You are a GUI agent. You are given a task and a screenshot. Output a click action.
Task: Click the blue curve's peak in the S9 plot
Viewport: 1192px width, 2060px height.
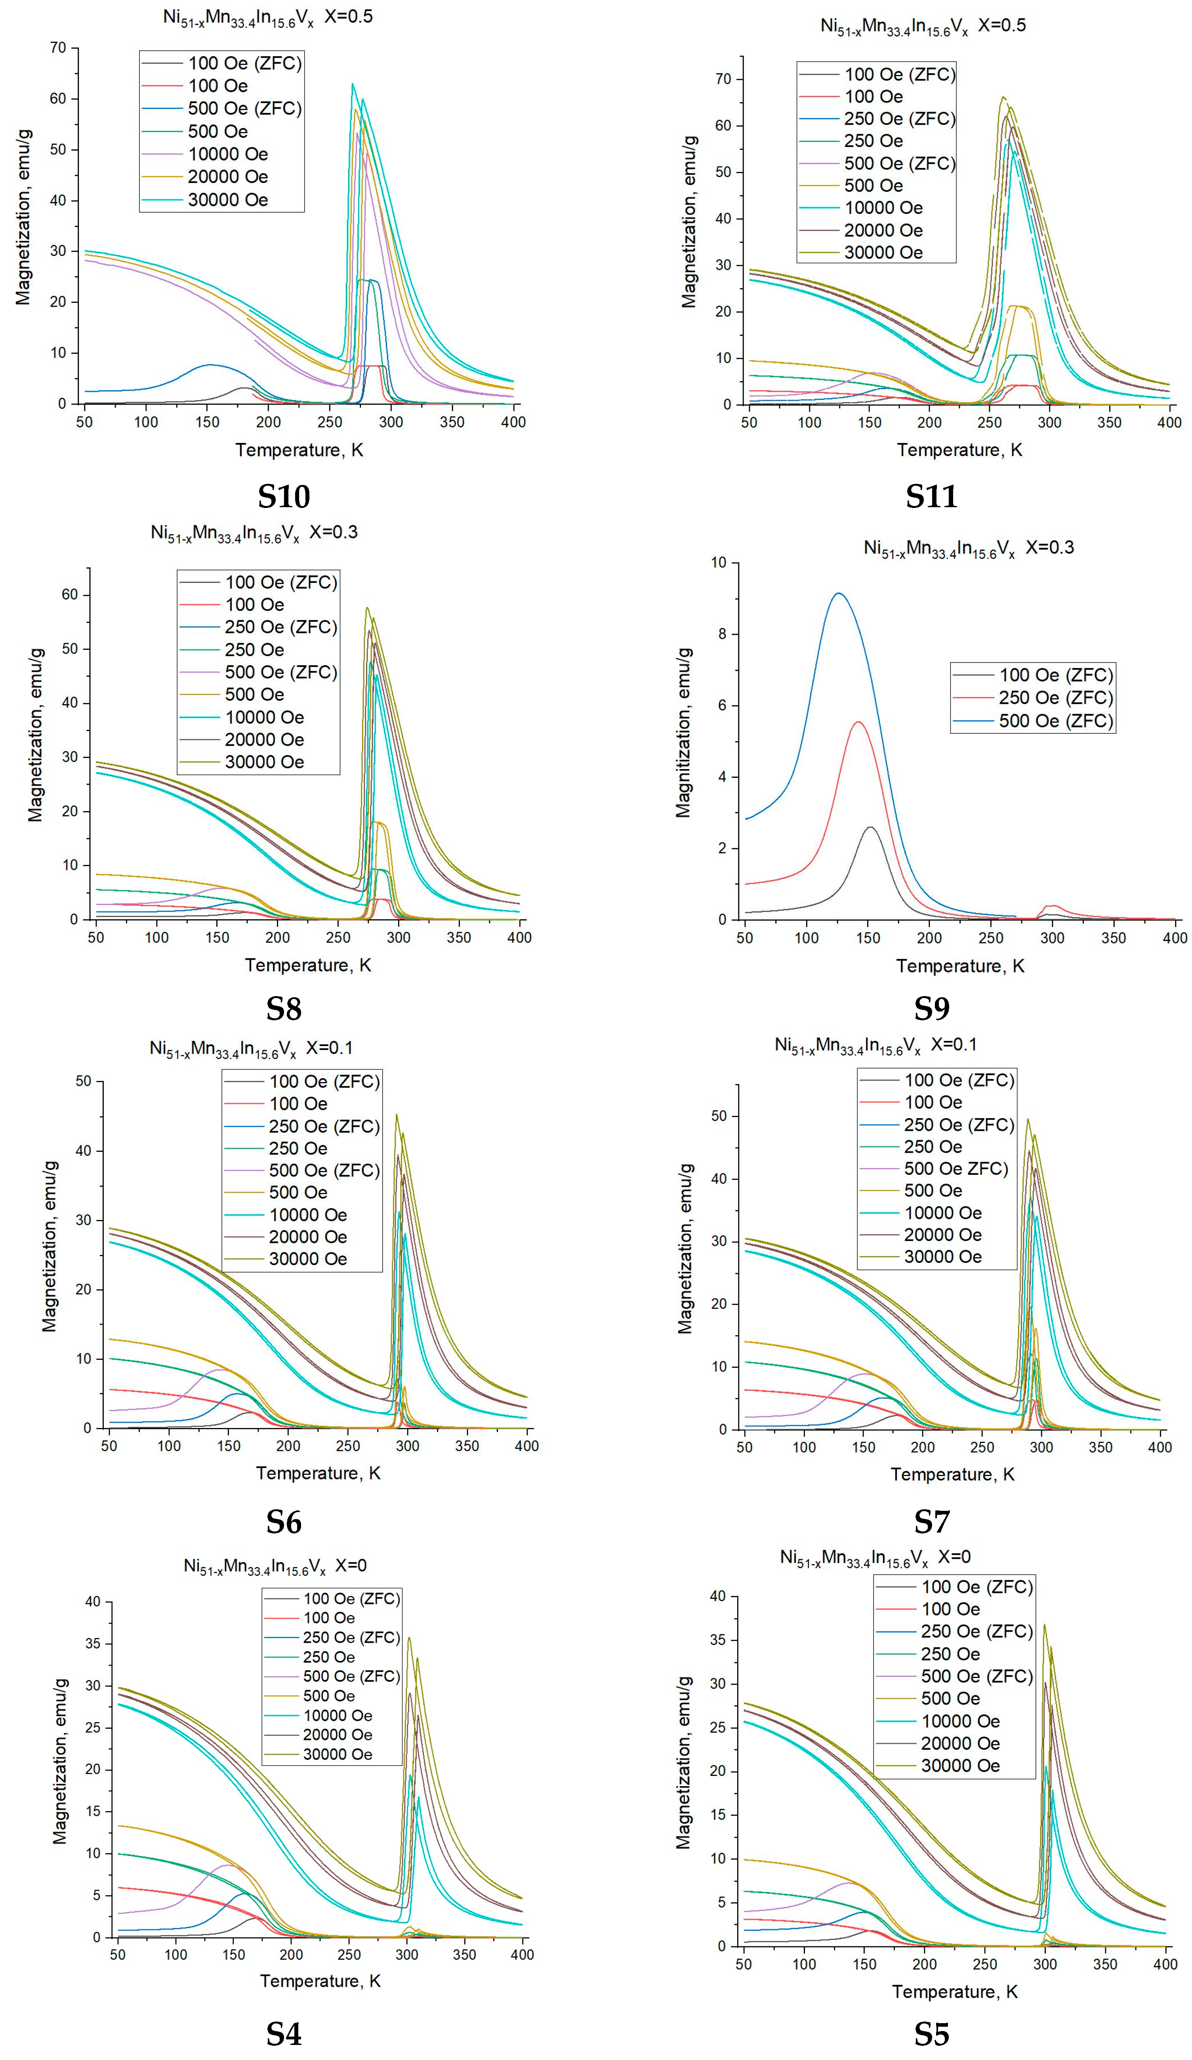[838, 594]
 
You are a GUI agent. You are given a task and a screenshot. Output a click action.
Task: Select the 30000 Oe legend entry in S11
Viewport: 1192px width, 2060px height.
[883, 252]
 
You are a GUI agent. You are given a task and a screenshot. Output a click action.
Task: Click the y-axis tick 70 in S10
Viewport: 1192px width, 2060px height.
[57, 48]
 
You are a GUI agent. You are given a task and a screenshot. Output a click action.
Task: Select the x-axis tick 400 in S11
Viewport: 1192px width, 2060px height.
[1169, 423]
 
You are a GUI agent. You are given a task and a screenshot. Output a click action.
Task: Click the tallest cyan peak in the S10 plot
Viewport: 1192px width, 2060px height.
[352, 83]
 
